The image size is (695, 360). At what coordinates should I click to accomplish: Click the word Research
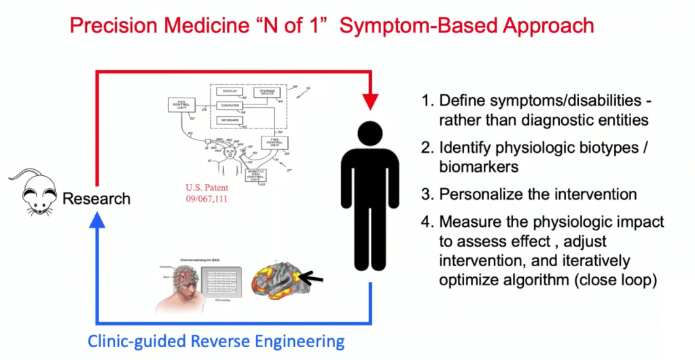pos(96,199)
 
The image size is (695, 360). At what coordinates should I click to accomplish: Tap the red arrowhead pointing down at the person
pos(369,100)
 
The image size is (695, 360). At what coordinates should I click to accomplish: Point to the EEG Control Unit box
pos(181,106)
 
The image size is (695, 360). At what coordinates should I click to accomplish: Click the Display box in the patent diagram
pos(230,90)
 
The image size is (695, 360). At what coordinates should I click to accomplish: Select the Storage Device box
pos(268,93)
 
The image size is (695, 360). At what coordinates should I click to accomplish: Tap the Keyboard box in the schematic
pos(230,121)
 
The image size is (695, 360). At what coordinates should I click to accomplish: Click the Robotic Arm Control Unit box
pos(256,175)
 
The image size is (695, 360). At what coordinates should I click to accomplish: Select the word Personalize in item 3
pos(476,194)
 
